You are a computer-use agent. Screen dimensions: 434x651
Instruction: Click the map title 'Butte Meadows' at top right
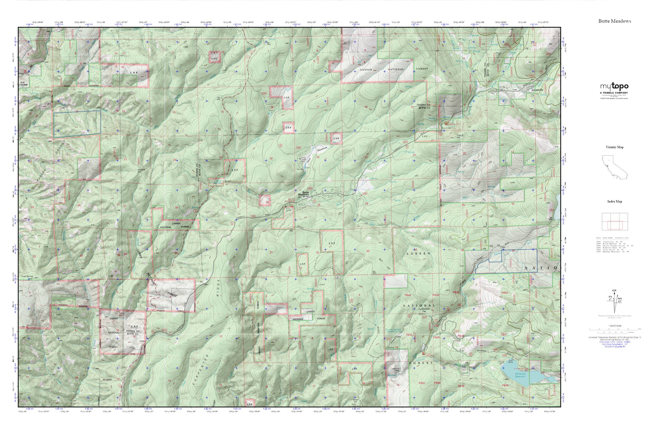pos(615,21)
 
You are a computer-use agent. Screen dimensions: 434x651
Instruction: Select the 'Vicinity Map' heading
pos(615,147)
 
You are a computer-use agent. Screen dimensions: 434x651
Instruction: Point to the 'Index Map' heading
pos(615,201)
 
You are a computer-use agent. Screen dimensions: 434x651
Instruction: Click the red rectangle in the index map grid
pos(615,225)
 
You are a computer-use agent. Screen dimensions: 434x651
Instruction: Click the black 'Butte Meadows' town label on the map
pos(304,193)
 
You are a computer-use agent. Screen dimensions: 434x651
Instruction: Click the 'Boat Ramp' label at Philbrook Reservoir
pos(511,361)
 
